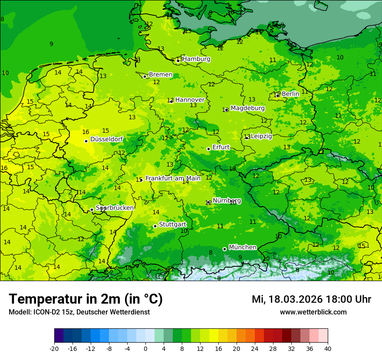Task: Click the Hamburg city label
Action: tap(196, 59)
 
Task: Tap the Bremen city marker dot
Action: tap(145, 76)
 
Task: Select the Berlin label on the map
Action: tap(290, 94)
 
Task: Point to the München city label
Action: tap(243, 247)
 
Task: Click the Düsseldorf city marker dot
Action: tap(86, 141)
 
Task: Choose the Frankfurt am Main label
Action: tap(173, 178)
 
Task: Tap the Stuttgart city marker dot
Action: tap(155, 226)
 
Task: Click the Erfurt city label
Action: tap(221, 147)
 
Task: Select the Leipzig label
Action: tap(261, 136)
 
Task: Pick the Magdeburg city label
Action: tap(247, 108)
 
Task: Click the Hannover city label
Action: tap(190, 100)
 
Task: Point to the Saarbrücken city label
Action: tap(115, 208)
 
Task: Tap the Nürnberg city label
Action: tap(227, 200)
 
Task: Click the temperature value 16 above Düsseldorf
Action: tap(86, 132)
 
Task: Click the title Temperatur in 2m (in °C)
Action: tap(86, 299)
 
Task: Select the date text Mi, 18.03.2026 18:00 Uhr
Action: tap(311, 299)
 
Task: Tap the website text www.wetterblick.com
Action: tap(313, 312)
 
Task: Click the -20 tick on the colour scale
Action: tap(54, 349)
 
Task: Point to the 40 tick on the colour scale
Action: tap(327, 349)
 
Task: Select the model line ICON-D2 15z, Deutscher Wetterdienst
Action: tap(79, 312)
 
